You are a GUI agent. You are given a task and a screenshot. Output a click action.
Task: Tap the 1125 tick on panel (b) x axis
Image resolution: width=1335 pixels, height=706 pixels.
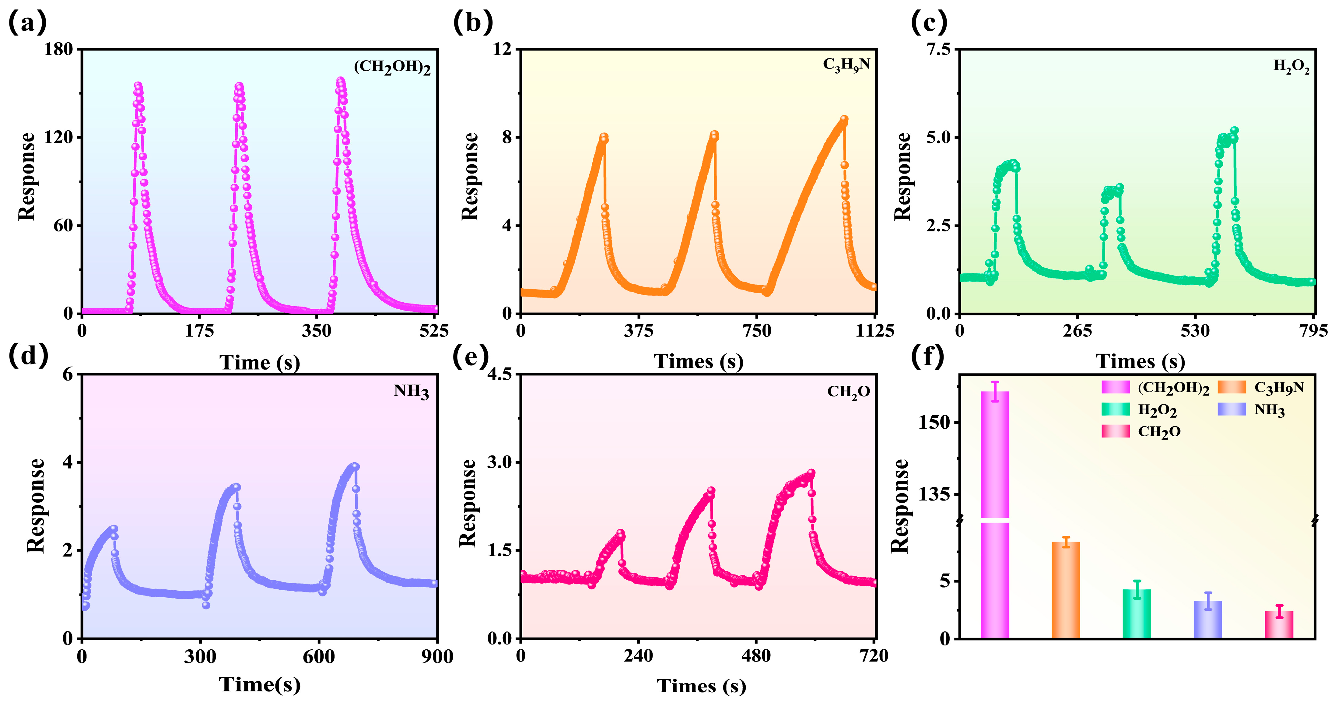[874, 331]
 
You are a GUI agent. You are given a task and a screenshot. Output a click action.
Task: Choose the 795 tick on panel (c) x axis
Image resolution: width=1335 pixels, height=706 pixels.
[1313, 331]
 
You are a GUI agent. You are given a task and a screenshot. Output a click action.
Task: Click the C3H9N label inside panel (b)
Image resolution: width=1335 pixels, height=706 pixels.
[846, 65]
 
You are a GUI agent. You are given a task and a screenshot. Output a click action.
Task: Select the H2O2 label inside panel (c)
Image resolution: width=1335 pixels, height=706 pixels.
[1291, 66]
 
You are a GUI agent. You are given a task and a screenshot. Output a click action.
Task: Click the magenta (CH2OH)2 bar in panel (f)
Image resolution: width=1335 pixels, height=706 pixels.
[994, 518]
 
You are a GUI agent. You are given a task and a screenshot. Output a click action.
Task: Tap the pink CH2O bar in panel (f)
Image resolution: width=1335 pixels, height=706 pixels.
[1278, 625]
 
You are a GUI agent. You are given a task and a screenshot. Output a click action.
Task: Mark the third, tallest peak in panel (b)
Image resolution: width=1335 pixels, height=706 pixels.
[844, 119]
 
